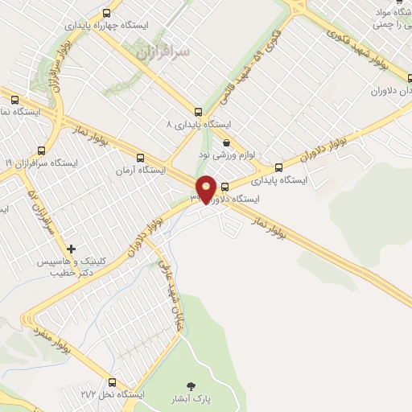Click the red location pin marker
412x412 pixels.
tap(206, 189)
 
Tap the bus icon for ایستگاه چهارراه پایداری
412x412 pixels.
tap(106, 13)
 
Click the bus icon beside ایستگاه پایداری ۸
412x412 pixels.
tap(198, 112)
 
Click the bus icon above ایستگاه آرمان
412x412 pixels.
tap(142, 158)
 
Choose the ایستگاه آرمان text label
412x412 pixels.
tap(139, 171)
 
